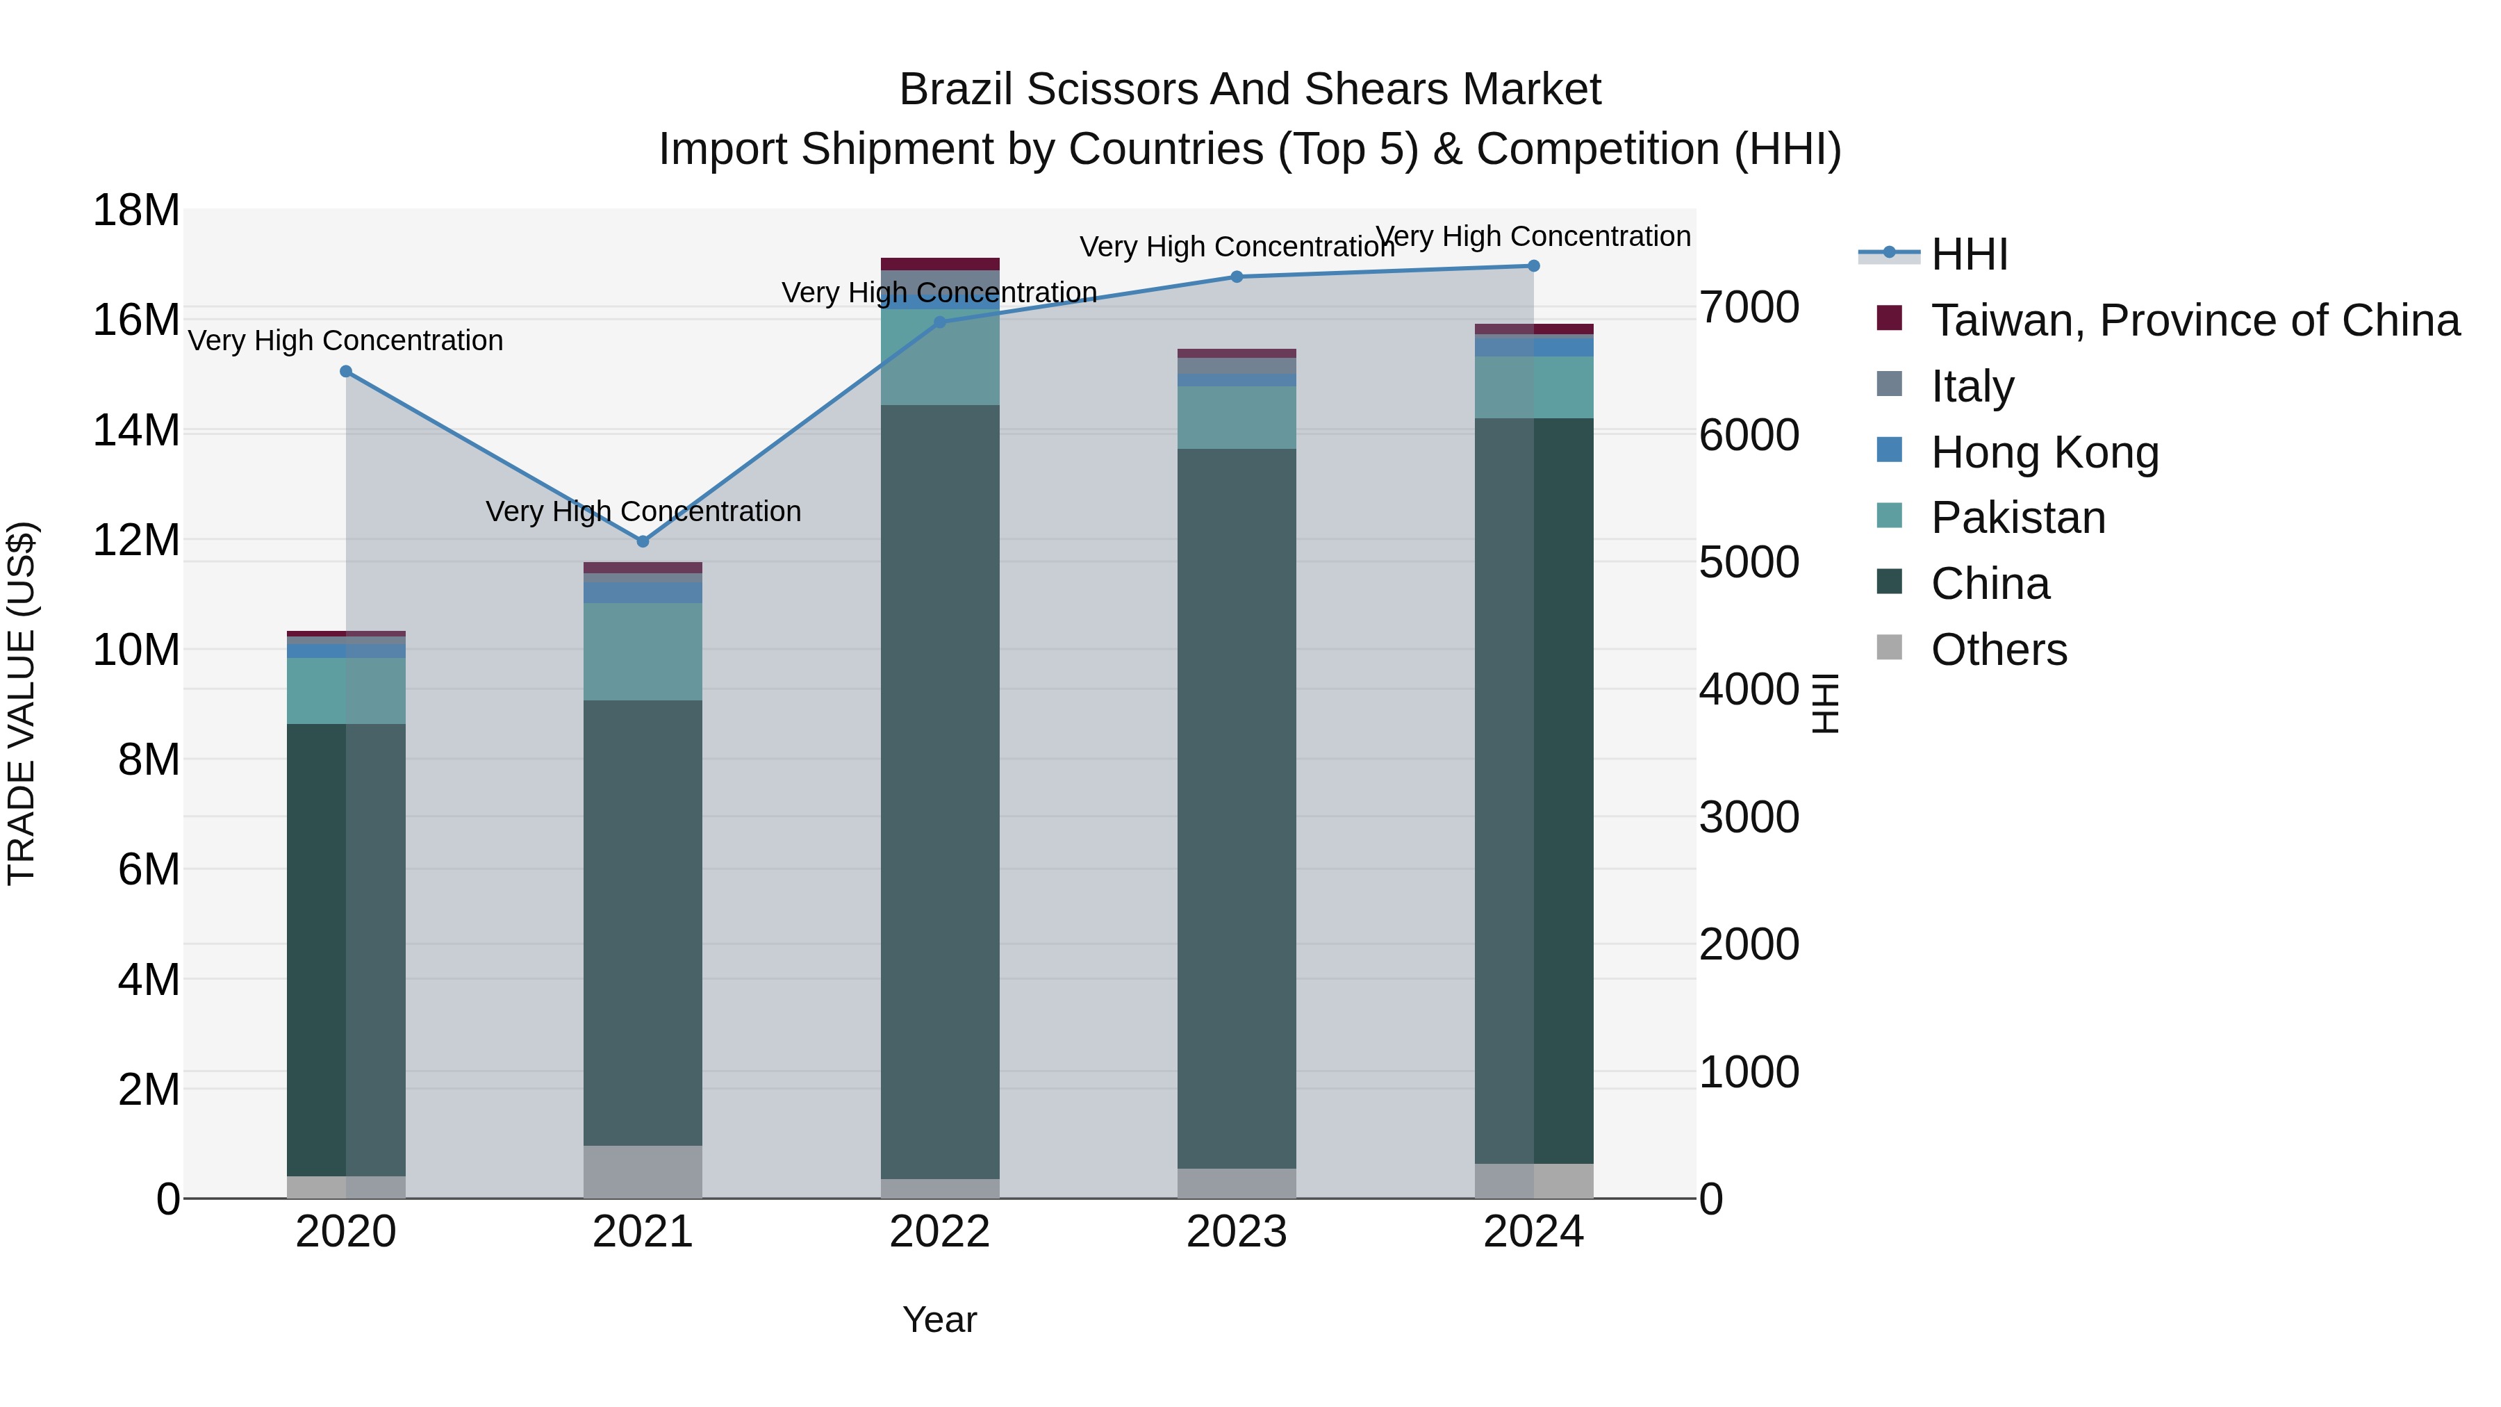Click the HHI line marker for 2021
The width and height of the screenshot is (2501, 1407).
[643, 541]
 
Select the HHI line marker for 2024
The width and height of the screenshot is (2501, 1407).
[1533, 266]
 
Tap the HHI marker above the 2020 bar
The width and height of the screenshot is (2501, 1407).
[346, 372]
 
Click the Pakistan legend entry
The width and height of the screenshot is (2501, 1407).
[2017, 518]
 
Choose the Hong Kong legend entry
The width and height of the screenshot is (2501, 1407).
[2044, 452]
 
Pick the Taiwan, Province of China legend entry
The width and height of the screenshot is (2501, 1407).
[2194, 320]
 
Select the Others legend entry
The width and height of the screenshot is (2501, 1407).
[1998, 650]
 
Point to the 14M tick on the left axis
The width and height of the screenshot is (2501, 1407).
[136, 430]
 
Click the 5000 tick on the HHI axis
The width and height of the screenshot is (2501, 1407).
[1749, 562]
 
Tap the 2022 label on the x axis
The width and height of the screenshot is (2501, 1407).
[939, 1232]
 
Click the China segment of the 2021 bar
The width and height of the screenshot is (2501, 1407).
[643, 923]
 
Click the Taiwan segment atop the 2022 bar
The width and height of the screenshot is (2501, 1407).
[939, 264]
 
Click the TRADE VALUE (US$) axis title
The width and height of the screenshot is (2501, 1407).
[22, 703]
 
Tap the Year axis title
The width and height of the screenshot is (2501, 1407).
[939, 1319]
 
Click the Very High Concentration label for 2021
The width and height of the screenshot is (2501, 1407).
[643, 511]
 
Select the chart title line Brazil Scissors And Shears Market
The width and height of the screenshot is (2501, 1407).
[1250, 90]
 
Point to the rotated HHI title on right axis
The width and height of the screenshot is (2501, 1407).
[1825, 703]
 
